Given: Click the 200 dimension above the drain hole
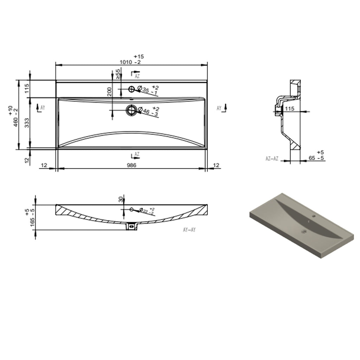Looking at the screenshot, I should point(109,92).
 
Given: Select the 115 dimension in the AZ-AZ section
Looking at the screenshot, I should point(289,109).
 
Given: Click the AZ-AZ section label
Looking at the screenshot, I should point(272,159).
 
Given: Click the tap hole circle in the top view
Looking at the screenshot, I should point(131,89).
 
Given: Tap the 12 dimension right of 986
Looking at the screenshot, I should point(216,165).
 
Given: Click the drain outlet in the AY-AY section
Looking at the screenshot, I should point(131,226).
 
